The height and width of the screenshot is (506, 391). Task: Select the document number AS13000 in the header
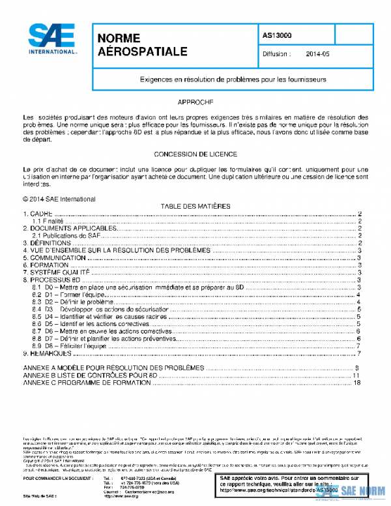[278, 35]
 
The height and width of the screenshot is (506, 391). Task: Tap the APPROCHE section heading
[195, 103]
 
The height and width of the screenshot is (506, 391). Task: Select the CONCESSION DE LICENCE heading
[195, 154]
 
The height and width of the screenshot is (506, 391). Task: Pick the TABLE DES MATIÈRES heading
[195, 206]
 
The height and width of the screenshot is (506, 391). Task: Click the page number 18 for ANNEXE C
[356, 382]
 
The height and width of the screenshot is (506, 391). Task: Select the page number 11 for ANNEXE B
[356, 375]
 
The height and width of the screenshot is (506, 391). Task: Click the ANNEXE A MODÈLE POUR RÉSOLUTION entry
[114, 368]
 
